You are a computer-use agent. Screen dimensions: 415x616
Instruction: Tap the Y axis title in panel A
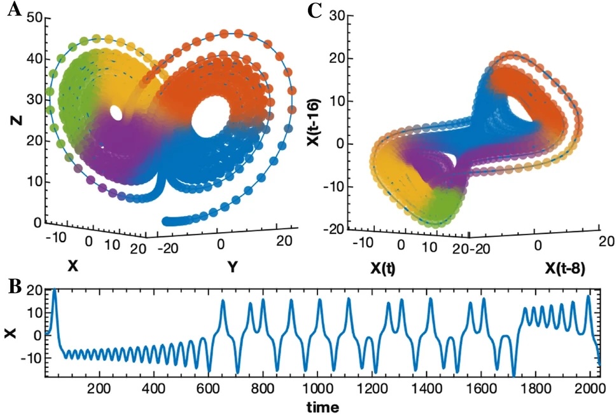pos(233,268)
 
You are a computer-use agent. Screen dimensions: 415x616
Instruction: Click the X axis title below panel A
pos(73,266)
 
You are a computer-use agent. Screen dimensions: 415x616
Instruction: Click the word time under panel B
pos(321,406)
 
